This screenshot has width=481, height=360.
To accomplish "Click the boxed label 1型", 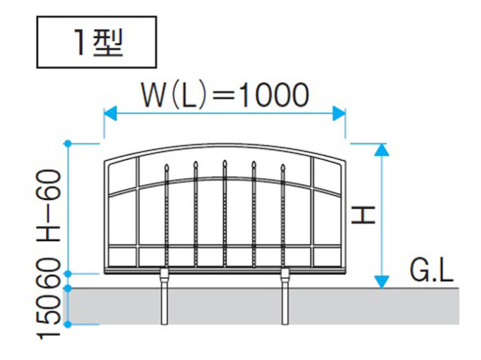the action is [x=97, y=42].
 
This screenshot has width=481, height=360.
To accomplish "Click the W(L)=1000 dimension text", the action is [x=225, y=95].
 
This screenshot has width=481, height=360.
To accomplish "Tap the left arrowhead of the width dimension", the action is [x=111, y=113].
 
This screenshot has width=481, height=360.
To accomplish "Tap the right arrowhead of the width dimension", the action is [x=339, y=113].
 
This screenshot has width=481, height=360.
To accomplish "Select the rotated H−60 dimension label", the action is [x=49, y=205].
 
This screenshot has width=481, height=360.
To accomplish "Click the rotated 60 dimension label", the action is [x=49, y=272].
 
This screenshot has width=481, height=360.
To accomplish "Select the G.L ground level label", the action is [x=432, y=271].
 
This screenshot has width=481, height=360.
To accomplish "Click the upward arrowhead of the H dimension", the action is [x=381, y=150].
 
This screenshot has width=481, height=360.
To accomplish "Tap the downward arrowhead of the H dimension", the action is [x=381, y=282].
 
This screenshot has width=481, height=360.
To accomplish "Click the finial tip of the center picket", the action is [x=225, y=161].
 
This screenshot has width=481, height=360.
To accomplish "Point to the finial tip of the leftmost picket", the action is [x=166, y=166].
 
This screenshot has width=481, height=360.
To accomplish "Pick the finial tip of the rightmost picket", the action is [x=283, y=166].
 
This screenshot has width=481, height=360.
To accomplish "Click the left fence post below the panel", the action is [x=164, y=296].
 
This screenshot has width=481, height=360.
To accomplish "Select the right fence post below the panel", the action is [x=285, y=296].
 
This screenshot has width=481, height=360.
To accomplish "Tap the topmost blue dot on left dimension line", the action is [x=68, y=143].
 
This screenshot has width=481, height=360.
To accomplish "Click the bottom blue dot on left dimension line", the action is [x=68, y=324].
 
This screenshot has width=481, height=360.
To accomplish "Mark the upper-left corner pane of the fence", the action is [x=122, y=176].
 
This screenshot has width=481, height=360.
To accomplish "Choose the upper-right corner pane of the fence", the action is [x=327, y=176].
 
